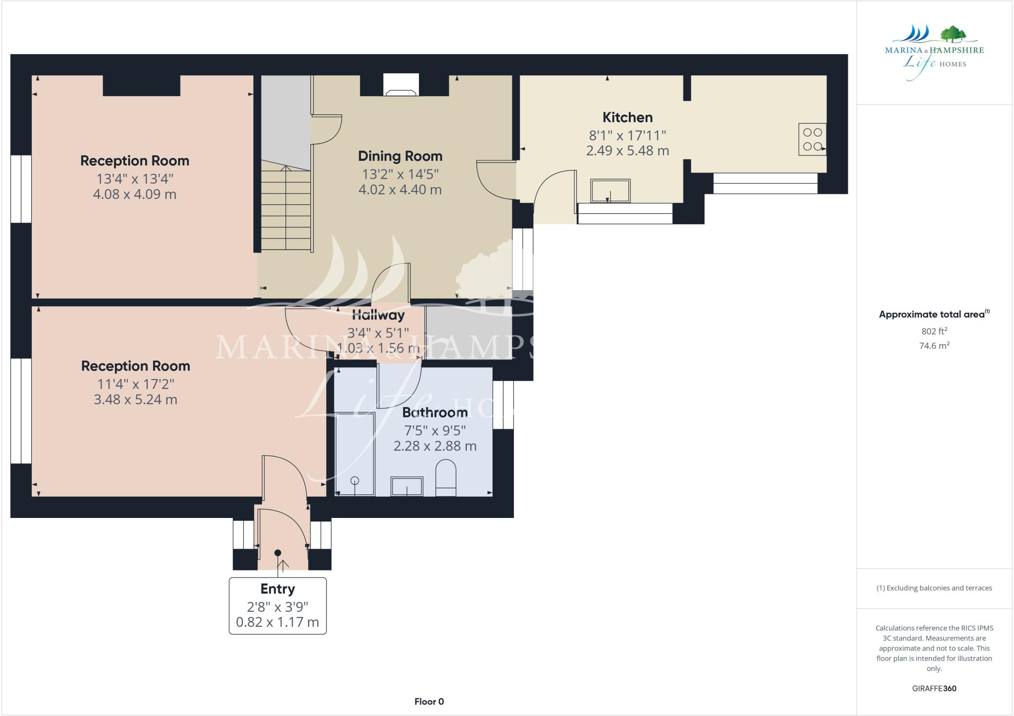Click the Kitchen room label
[627, 117]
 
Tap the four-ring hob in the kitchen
[812, 139]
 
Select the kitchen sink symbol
[610, 191]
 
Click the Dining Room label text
[400, 156]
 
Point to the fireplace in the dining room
[401, 86]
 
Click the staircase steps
[286, 208]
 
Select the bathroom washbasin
[407, 486]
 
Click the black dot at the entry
[278, 553]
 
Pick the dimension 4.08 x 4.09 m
[135, 194]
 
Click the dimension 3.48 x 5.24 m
[135, 400]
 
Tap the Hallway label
[378, 315]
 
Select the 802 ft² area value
[934, 331]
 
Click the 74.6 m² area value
[934, 346]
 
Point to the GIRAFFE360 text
[934, 688]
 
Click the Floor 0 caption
[429, 701]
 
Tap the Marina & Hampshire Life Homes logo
[934, 52]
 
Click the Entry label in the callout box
[277, 589]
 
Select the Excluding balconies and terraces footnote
[934, 588]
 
